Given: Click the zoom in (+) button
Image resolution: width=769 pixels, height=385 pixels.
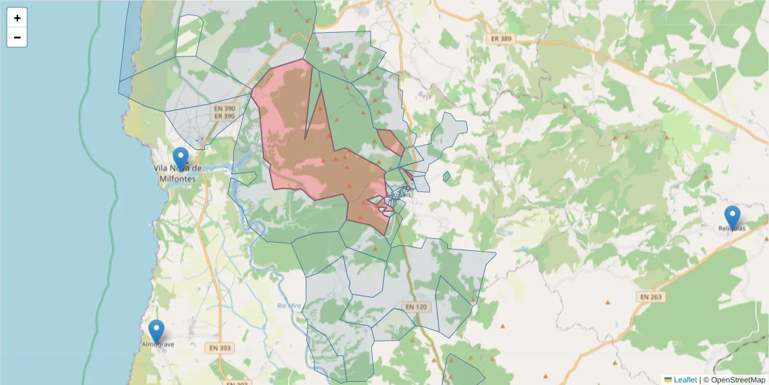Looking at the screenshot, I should (17, 18).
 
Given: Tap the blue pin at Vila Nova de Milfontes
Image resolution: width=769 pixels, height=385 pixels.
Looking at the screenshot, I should (181, 158).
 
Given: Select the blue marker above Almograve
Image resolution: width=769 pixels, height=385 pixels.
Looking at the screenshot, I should (156, 331).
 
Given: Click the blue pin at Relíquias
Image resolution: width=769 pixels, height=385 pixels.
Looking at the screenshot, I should (732, 217).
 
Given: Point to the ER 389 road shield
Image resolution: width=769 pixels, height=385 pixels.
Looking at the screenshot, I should (500, 39).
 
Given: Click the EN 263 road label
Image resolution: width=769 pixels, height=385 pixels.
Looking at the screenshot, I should (651, 297).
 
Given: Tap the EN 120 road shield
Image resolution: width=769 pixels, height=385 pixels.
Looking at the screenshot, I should (415, 307).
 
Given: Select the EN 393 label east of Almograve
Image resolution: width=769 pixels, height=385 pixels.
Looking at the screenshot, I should (220, 348).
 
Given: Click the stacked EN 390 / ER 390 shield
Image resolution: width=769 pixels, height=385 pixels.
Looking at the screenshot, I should (224, 112).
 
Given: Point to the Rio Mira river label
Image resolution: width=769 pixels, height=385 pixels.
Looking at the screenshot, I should (290, 305).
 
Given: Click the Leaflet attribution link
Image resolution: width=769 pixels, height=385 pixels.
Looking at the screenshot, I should (685, 380).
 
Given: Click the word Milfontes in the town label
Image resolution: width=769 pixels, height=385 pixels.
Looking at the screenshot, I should (178, 179).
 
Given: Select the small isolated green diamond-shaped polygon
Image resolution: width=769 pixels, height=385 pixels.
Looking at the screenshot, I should (447, 176).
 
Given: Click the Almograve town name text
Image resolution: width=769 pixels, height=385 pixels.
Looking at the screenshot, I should (158, 345).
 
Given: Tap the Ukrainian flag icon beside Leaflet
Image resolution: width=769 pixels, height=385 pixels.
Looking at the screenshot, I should (668, 380).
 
